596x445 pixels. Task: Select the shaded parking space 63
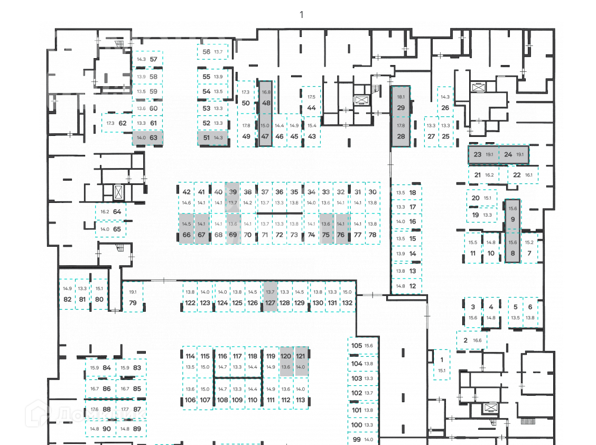click(x=147, y=137)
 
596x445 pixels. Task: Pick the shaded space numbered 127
click(x=271, y=298)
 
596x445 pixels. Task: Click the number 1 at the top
click(x=302, y=14)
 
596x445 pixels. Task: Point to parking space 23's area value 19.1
click(x=489, y=155)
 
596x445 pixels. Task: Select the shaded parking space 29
click(x=401, y=103)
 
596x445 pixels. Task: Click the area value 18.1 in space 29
click(x=401, y=97)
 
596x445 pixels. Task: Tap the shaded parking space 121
click(x=301, y=361)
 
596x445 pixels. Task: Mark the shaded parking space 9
click(x=512, y=213)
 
